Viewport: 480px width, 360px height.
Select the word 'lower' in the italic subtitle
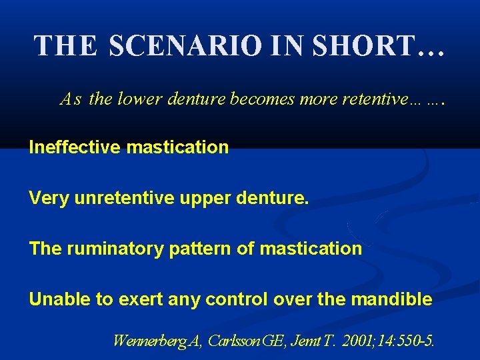[x=138, y=100]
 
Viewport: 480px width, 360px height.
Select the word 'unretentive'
[x=113, y=198]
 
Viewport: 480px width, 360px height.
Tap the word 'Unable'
[x=61, y=299]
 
